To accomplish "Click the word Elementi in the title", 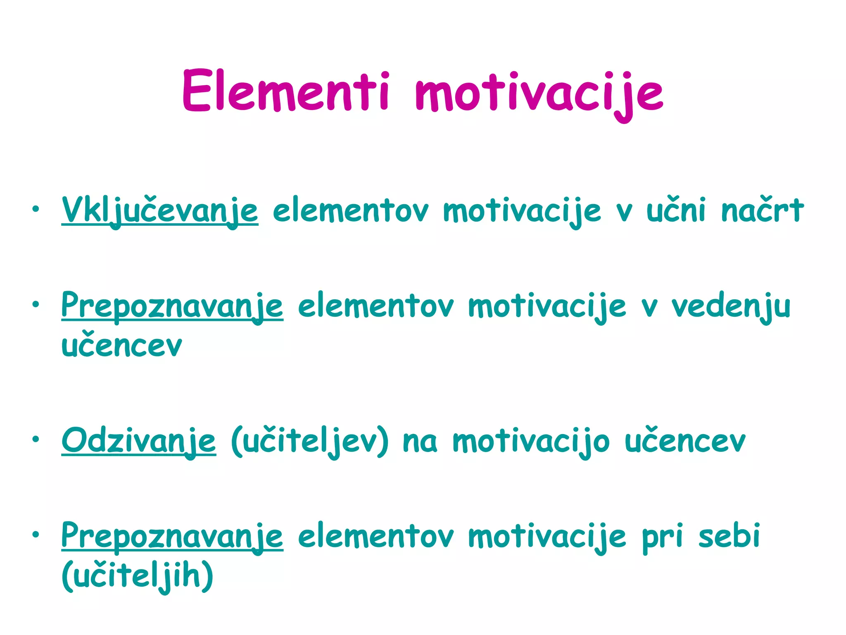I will point(285,91).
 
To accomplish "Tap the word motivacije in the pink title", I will point(539,93).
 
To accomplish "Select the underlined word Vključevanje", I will point(160,211).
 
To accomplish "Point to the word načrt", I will point(763,210).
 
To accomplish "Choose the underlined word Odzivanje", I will point(138,441).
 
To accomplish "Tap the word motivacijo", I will point(531,441).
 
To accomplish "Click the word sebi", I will point(729,536).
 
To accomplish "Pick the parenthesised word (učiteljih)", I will point(138,575).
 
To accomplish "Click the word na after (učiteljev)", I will point(420,442).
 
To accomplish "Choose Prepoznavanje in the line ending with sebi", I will point(172,537).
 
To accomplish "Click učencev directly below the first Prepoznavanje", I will point(121,345).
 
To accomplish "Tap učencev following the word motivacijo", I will point(685,441).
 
